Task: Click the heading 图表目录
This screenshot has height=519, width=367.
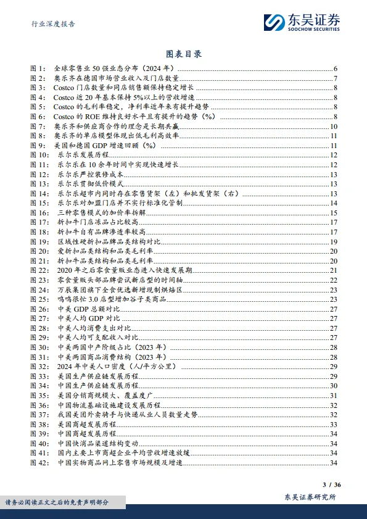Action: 184,54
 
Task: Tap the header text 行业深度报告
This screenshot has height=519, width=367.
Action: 54,24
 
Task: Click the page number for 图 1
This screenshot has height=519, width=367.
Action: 334,68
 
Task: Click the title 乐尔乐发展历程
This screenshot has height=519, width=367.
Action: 81,156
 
